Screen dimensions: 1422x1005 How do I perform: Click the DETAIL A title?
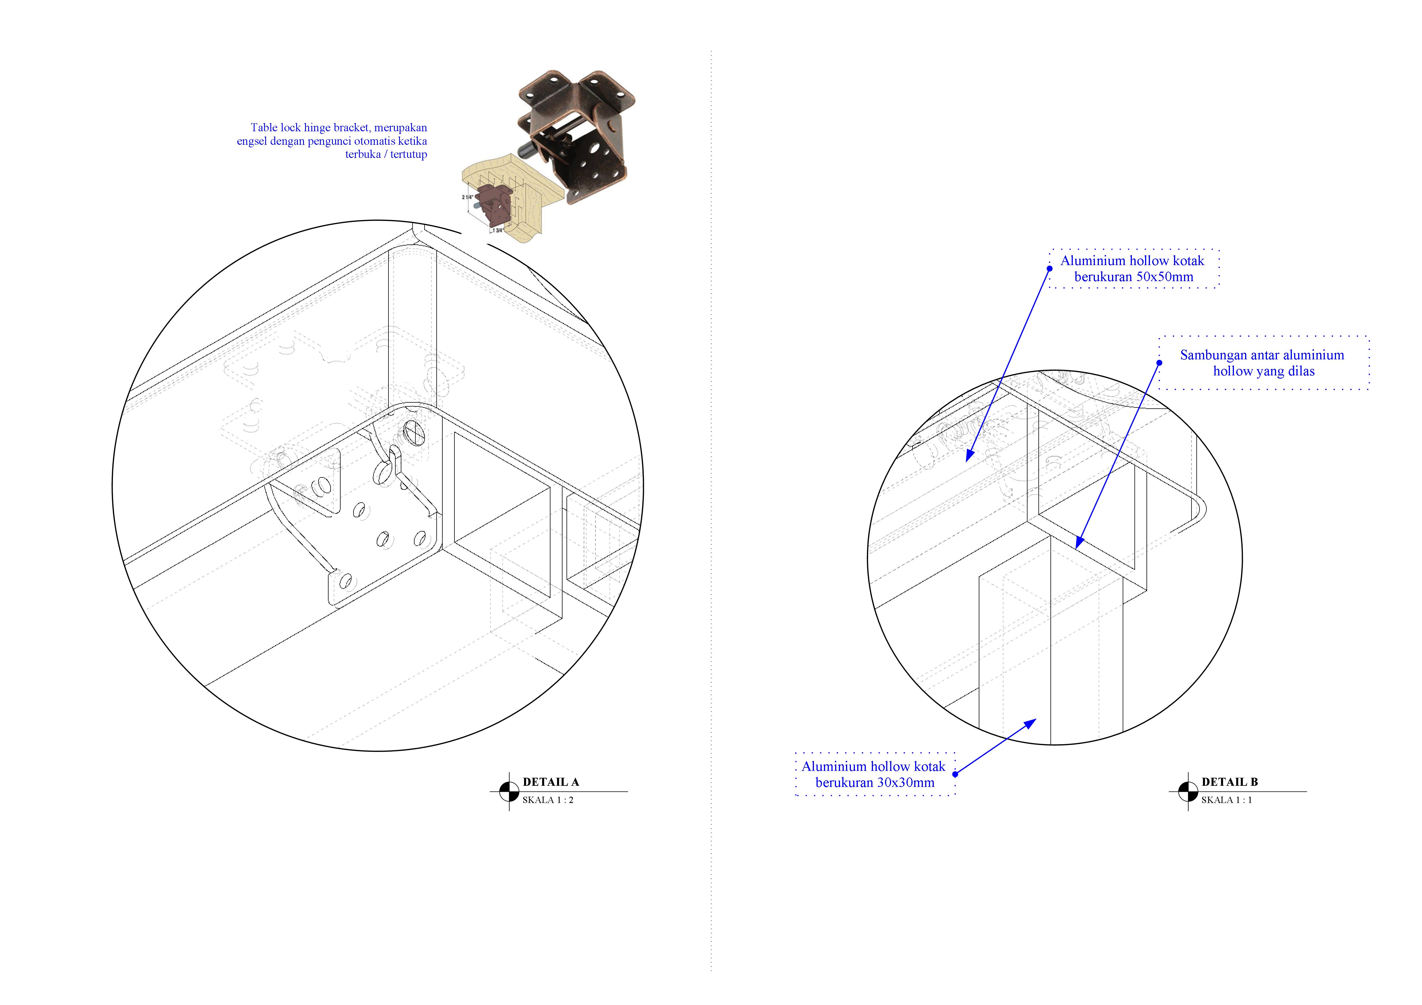click(550, 782)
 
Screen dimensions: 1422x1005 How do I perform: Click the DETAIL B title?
click(1229, 782)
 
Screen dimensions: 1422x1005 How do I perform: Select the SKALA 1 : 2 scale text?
click(548, 800)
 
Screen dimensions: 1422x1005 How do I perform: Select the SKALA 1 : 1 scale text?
click(1226, 800)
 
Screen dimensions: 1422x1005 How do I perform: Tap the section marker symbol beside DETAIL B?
click(1188, 792)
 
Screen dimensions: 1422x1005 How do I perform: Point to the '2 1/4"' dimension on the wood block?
click(468, 197)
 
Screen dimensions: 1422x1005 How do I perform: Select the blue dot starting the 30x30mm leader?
click(955, 774)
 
